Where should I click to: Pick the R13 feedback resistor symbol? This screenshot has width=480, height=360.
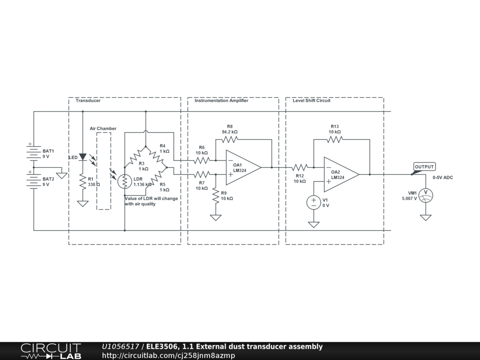coord(335,139)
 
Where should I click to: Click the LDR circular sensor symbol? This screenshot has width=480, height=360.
coord(125,181)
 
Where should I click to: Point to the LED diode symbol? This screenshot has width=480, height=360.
coord(83,157)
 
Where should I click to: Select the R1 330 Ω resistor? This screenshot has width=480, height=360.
coord(83,181)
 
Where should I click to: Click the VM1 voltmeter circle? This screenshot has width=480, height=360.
coord(426,195)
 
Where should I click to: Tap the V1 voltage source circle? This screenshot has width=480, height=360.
coord(314,202)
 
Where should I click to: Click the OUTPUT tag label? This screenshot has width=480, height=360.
coord(425,167)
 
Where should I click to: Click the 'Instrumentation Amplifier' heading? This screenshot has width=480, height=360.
coord(221,101)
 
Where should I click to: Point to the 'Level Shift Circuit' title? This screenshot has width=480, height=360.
coord(311,101)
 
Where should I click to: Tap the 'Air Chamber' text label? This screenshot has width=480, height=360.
coord(103,128)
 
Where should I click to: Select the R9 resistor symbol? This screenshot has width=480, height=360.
coord(216,195)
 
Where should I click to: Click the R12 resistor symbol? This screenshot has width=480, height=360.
coord(300,167)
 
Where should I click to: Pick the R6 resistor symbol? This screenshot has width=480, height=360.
coord(202,160)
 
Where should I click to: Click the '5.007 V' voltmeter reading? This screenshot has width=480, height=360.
coord(409,199)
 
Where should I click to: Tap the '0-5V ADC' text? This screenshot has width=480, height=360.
coord(442,178)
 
